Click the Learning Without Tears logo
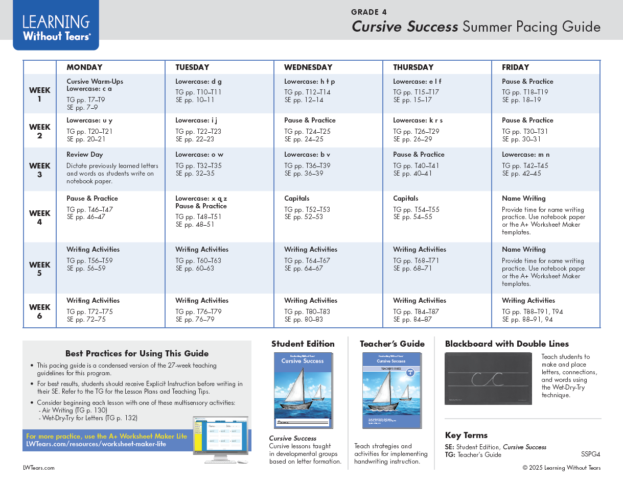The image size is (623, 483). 56,27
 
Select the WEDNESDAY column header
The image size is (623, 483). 308,67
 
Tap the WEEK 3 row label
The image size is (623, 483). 39,170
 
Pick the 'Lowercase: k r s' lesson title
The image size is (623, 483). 418,120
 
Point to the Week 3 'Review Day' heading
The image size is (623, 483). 85,155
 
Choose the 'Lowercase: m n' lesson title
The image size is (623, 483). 526,155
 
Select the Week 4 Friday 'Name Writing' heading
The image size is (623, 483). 524,199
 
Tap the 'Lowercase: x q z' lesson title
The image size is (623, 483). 201,199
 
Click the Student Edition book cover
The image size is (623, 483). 303,391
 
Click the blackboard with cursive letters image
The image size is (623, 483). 488,379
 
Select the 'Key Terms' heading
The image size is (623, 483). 466,436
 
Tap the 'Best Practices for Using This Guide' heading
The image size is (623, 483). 137,353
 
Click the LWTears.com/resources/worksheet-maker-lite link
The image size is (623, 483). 96,444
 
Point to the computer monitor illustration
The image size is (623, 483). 221,438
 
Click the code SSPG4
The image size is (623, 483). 590,454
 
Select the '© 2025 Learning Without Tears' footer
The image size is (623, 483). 561,468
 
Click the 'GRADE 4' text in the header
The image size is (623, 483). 365,12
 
